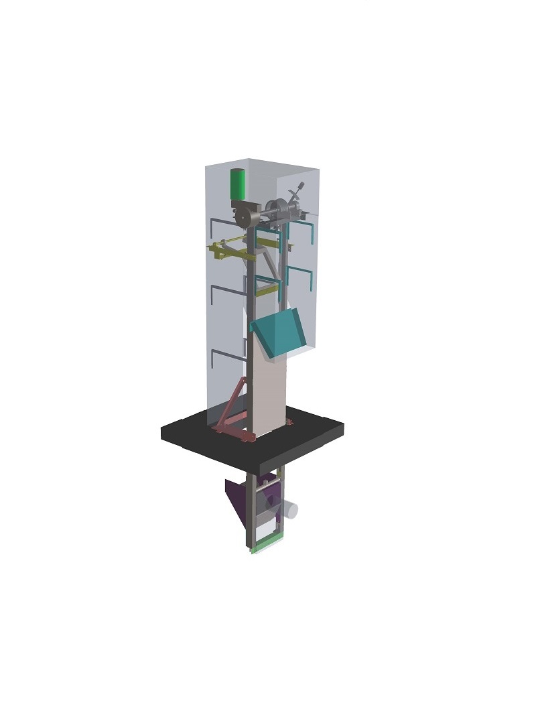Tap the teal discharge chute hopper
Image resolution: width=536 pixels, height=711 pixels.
pos(280,334)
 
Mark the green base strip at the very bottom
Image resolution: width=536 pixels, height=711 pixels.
pos(267,547)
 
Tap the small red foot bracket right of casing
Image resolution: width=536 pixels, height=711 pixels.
pos(289,422)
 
